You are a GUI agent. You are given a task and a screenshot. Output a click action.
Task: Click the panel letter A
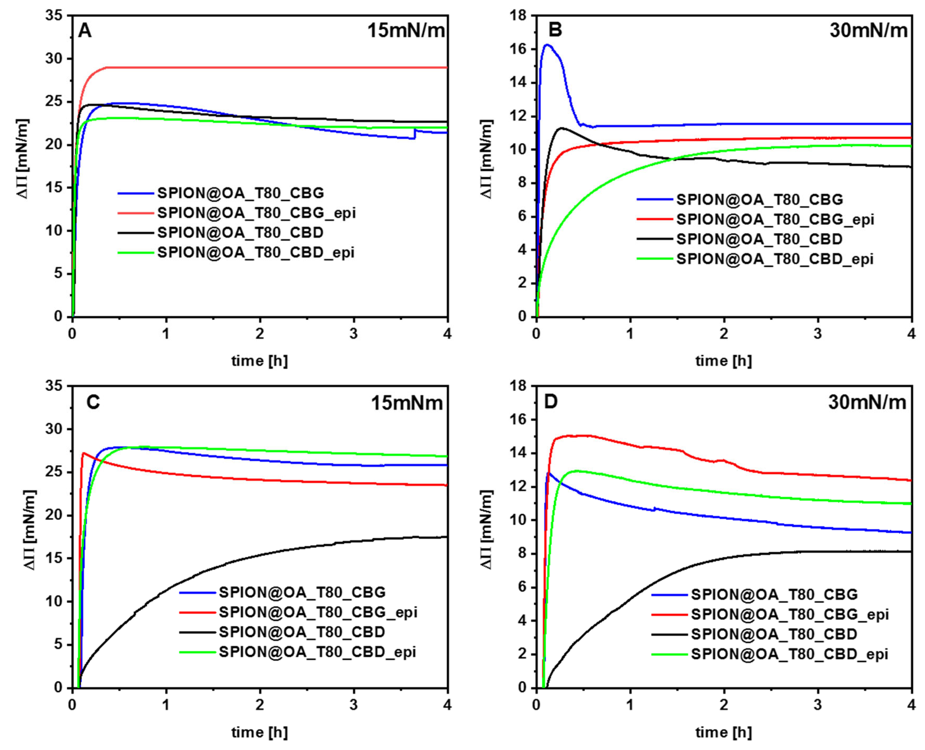coord(85,31)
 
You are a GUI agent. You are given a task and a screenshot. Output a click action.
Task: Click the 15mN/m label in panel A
coord(405,31)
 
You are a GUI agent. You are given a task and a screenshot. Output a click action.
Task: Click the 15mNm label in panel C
coord(407,403)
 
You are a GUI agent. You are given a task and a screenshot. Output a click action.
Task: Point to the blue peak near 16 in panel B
coord(547,45)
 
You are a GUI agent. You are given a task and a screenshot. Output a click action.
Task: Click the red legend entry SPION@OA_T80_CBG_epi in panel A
coord(256,213)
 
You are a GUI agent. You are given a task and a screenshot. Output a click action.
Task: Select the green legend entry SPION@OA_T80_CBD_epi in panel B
coord(775,259)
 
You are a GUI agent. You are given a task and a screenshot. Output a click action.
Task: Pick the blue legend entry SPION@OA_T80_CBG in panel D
coord(774,594)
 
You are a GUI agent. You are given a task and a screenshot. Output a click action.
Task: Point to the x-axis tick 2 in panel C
coord(259,705)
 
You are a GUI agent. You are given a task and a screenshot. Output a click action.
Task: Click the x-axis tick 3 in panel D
coord(817,705)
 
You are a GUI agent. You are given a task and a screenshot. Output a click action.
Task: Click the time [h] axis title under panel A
coord(259,361)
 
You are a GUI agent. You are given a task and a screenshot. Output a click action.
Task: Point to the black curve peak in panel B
coord(562,128)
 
